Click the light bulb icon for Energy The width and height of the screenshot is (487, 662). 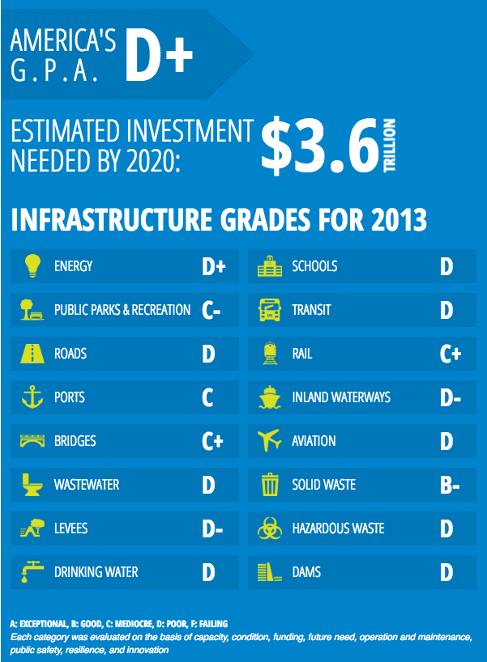click(32, 266)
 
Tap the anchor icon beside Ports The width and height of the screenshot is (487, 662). click(32, 397)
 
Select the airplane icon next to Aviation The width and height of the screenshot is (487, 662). click(269, 441)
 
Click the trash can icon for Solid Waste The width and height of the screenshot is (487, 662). click(269, 485)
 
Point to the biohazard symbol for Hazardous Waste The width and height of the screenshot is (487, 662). click(269, 528)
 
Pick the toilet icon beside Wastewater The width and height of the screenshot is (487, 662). click(32, 485)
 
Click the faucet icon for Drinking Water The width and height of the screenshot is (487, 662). click(32, 573)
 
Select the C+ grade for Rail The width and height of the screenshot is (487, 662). click(451, 354)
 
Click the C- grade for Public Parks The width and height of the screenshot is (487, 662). click(211, 311)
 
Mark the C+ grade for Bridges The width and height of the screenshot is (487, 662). click(212, 442)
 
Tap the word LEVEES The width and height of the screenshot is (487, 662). click(71, 528)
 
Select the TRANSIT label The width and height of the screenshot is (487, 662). click(311, 310)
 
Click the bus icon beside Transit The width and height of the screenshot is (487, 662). click(269, 310)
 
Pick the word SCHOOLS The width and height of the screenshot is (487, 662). click(314, 266)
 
